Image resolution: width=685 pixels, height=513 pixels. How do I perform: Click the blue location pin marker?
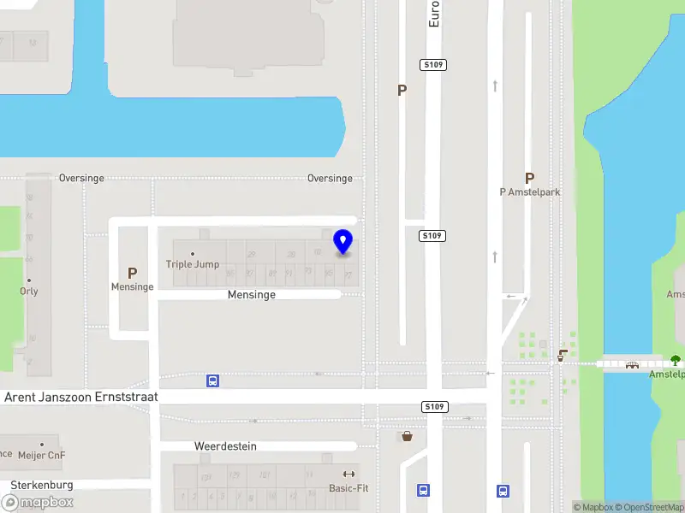coord(343,242)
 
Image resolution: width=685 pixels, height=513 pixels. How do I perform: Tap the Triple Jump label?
coord(193,264)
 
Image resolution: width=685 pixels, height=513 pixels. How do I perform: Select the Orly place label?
coord(29,292)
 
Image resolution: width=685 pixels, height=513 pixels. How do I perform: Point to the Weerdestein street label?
coord(225,446)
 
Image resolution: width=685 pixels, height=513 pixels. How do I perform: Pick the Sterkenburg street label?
coord(42,485)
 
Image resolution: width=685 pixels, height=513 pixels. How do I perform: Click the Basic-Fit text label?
coord(348,489)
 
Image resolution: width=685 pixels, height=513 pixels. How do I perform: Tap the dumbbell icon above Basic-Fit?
coord(348,475)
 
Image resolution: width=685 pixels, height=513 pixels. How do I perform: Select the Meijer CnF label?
coord(41,456)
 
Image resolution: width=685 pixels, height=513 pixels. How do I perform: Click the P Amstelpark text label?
coord(530,192)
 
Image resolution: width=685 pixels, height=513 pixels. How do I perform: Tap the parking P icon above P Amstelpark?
coord(530,178)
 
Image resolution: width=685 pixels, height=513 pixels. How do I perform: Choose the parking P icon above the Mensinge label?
coord(132,273)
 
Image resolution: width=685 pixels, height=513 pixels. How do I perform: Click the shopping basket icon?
coord(407,436)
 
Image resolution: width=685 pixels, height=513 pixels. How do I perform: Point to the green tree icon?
coord(675,360)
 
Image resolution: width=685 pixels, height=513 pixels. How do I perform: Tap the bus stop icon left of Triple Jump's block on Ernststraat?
coord(212,380)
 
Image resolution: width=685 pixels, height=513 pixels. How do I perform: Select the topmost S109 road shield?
coord(434,65)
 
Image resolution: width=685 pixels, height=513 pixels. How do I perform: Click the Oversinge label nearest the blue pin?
coord(330,179)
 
